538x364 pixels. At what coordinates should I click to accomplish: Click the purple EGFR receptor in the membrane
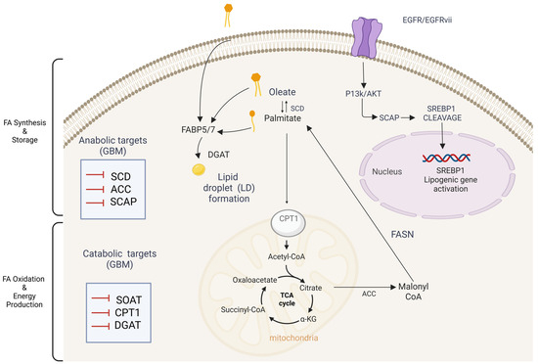[x=365, y=38]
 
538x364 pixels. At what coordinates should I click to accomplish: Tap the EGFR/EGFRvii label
[x=427, y=20]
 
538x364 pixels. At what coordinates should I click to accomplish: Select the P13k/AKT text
[x=363, y=94]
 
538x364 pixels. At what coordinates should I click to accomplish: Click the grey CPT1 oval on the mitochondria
[x=289, y=224]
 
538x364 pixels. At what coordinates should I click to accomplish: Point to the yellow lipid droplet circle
[x=199, y=169]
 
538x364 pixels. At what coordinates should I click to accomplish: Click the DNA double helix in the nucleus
[x=446, y=158]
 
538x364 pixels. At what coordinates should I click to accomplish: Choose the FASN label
[x=402, y=234]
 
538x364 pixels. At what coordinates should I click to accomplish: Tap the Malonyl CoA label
[x=413, y=292]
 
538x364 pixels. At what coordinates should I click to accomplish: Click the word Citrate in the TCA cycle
[x=310, y=288]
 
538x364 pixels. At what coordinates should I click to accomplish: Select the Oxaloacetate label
[x=254, y=280]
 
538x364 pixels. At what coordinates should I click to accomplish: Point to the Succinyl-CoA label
[x=243, y=310]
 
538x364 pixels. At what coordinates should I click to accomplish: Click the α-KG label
[x=308, y=319]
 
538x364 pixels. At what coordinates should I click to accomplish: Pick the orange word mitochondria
[x=293, y=338]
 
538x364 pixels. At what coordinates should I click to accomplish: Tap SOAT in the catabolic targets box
[x=129, y=300]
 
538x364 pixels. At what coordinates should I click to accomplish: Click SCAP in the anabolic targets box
[x=123, y=202]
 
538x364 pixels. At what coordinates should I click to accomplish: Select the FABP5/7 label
[x=198, y=130]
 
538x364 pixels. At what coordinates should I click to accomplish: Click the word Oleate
[x=282, y=92]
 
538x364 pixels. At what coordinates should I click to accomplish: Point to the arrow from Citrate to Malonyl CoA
[x=365, y=287]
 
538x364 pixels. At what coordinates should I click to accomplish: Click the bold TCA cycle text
[x=287, y=299]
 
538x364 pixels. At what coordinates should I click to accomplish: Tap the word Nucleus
[x=387, y=171]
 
